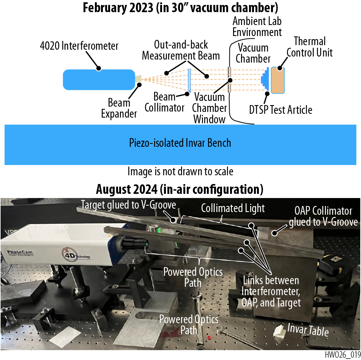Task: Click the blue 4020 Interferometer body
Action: coord(99,80)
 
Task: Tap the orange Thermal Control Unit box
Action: coord(278,80)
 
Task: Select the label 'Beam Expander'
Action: coord(119,108)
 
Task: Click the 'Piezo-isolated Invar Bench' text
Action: coord(180,143)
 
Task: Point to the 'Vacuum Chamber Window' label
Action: coord(209,108)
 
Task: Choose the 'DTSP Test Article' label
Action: coord(281,110)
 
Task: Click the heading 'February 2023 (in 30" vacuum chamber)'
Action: coord(181,8)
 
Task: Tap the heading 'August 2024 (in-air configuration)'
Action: coord(180,189)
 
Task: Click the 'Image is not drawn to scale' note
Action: coord(181,171)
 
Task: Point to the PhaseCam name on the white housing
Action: coord(20,252)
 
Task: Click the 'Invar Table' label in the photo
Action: coord(308,330)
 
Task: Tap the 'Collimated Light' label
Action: coord(233,208)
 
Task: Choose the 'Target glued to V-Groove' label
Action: coord(128,205)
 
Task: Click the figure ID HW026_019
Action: coord(343,354)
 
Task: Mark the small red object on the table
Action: coord(209,338)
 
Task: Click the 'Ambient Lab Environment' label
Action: coord(257,27)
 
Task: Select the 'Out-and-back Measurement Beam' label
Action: coord(181,50)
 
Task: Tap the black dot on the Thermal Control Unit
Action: coord(280,68)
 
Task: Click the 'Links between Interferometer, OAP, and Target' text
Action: coord(271,291)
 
